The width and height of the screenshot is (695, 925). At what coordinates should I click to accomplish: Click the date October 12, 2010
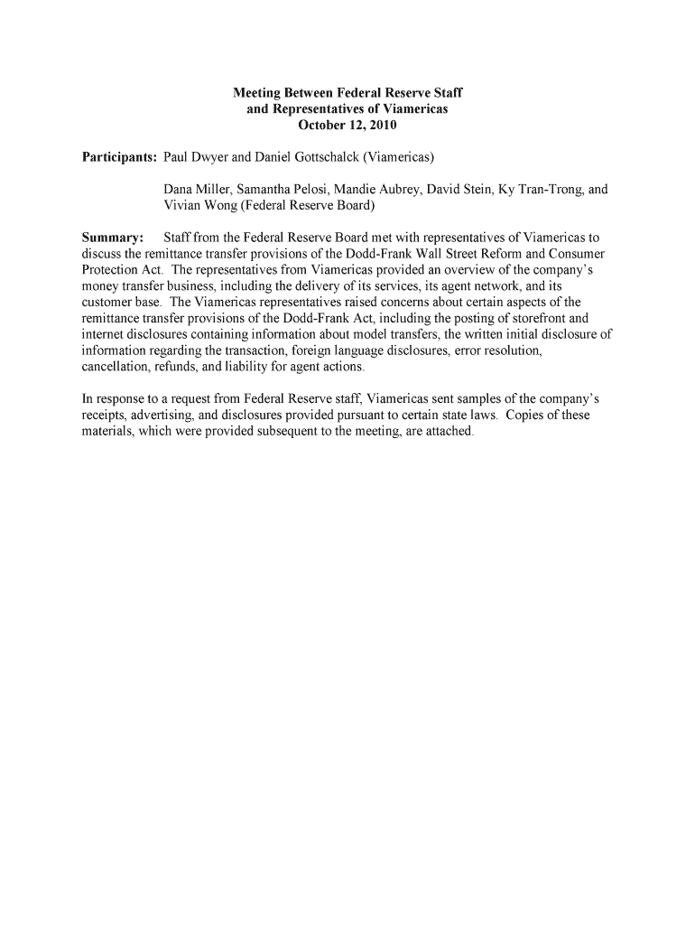pyautogui.click(x=347, y=125)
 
